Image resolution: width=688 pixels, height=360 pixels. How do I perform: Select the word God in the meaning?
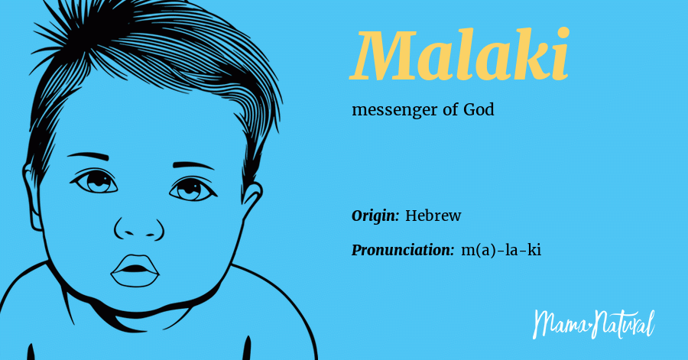coord(479,109)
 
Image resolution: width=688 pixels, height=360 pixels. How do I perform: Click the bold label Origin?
coord(375,216)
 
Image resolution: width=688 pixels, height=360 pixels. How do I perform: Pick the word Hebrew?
coord(433,216)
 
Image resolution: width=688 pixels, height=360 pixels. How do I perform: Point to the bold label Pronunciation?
coord(402,250)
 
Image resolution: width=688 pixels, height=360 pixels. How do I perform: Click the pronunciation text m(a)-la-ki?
coord(501,250)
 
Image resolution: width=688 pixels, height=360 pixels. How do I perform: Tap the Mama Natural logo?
coord(594,324)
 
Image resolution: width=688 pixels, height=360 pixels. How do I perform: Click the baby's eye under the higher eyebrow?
coord(95,182)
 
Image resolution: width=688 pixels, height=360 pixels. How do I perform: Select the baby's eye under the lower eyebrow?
coord(192,190)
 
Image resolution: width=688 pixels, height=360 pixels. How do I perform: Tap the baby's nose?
coord(139,228)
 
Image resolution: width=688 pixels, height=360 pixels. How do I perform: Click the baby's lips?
coord(135,271)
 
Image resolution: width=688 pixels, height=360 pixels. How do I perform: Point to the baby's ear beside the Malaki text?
coord(252,197)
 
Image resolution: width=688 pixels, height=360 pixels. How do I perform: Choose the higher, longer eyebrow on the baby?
coord(88,156)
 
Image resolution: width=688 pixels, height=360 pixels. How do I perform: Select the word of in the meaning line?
coord(450,109)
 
